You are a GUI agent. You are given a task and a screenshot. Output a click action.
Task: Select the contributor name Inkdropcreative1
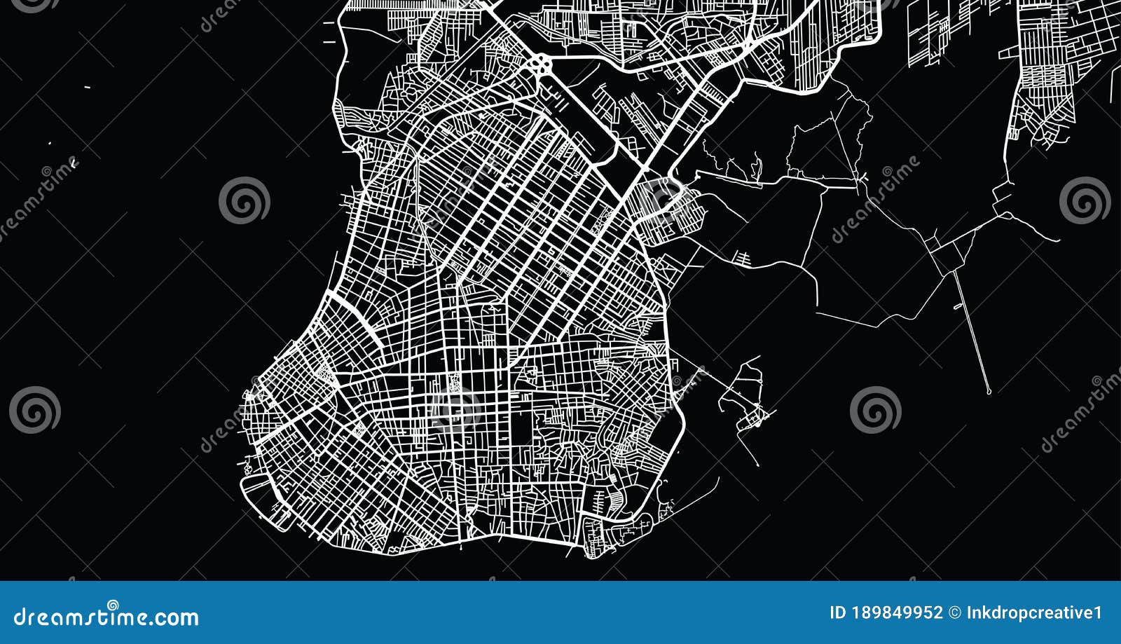1034,613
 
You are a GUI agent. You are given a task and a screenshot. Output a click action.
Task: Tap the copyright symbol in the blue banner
954,613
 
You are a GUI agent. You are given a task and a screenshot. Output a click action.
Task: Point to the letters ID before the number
838,613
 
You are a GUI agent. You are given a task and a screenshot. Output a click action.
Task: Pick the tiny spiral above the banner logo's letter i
112,605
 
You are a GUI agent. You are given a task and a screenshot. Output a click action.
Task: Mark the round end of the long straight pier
988,391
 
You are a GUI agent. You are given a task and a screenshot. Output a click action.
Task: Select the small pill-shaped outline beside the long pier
958,306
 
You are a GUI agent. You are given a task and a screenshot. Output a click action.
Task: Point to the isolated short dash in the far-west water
87,87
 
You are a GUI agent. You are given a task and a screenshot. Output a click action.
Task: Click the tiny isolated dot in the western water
50,144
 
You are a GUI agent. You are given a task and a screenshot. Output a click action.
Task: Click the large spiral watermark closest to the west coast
244,200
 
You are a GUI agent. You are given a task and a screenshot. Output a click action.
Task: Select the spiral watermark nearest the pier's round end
875,410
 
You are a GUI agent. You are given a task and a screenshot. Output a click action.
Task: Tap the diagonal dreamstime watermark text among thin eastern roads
876,200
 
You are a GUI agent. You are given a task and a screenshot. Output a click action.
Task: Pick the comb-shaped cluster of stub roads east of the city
742,257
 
